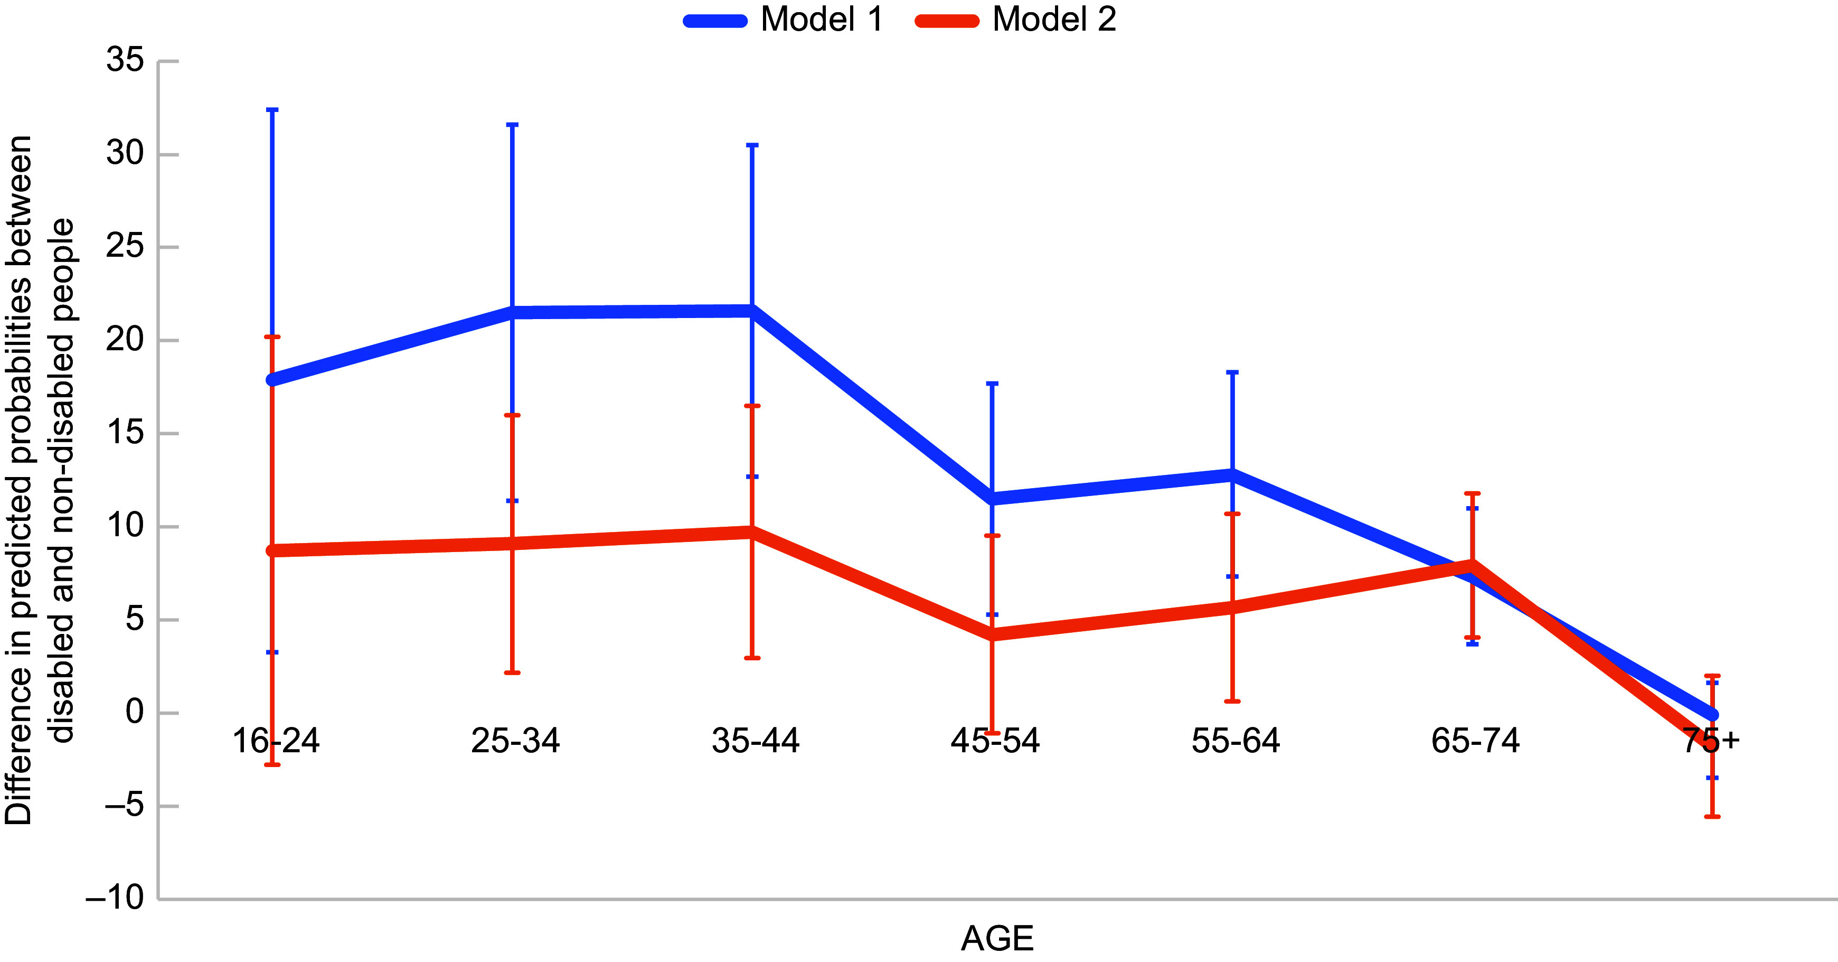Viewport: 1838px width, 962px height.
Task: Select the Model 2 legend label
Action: pyautogui.click(x=1054, y=19)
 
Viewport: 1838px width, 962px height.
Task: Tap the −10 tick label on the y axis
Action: pyautogui.click(x=115, y=898)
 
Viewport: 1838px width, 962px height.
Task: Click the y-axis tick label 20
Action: pyautogui.click(x=125, y=340)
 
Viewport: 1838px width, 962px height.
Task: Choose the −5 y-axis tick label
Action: pyautogui.click(x=124, y=806)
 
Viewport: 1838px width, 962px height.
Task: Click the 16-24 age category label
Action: pyautogui.click(x=276, y=741)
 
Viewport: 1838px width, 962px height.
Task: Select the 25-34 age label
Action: pyautogui.click(x=515, y=741)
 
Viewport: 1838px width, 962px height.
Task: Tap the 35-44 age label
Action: pyautogui.click(x=756, y=741)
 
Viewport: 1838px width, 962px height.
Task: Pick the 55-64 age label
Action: pyautogui.click(x=1236, y=741)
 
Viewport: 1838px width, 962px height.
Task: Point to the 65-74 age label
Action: pyautogui.click(x=1476, y=741)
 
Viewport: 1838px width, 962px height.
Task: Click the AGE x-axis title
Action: pyautogui.click(x=997, y=938)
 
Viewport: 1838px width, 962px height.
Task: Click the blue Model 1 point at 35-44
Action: pyautogui.click(x=752, y=311)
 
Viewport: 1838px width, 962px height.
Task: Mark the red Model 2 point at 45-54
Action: pyautogui.click(x=993, y=634)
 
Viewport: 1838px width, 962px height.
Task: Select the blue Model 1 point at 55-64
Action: pyautogui.click(x=1232, y=474)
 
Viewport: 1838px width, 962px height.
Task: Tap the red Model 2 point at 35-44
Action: pyautogui.click(x=752, y=531)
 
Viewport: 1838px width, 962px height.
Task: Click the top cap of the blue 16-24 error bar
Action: pyautogui.click(x=272, y=110)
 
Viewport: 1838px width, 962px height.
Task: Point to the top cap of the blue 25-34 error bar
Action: pyautogui.click(x=512, y=125)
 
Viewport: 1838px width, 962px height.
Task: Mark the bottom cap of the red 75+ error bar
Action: pyautogui.click(x=1712, y=816)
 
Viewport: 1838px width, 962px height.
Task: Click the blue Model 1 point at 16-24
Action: pyautogui.click(x=272, y=380)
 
